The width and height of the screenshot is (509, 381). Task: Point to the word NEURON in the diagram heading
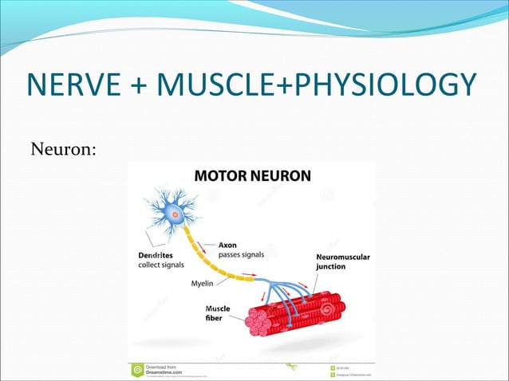pyautogui.click(x=280, y=176)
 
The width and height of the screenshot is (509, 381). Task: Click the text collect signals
pyautogui.click(x=159, y=265)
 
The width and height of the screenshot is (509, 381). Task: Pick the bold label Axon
pyautogui.click(x=229, y=245)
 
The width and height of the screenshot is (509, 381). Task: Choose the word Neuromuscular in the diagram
pyautogui.click(x=343, y=257)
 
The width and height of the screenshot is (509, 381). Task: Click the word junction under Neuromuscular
pyautogui.click(x=332, y=266)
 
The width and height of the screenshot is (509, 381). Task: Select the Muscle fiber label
pyautogui.click(x=218, y=313)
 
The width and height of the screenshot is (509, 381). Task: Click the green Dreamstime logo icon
pyautogui.click(x=137, y=371)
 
